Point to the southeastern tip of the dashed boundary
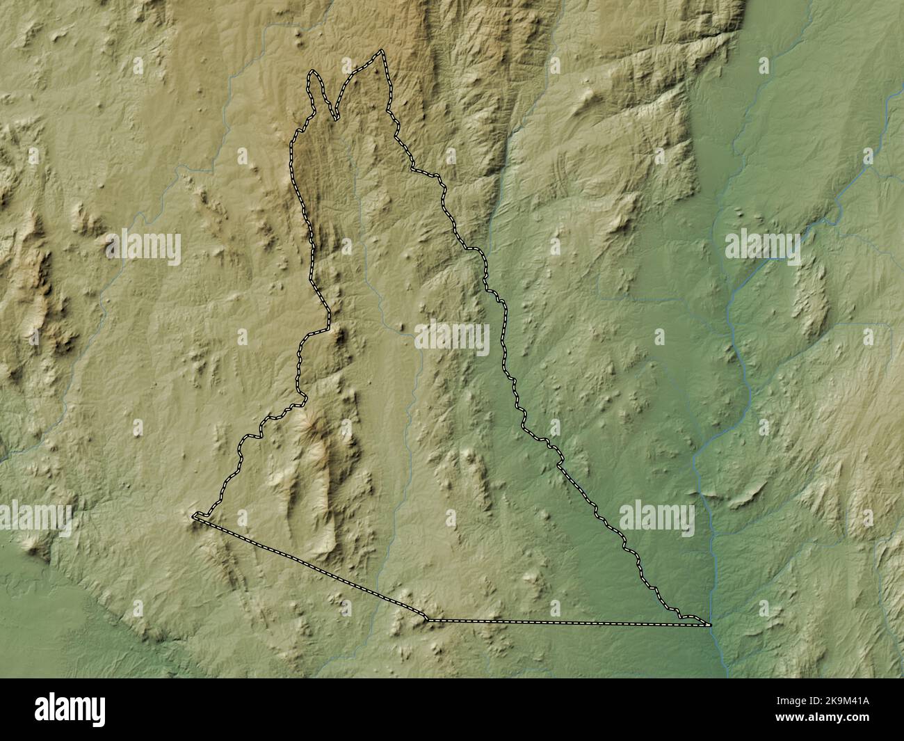tap(710, 625)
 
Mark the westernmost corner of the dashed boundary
tap(193, 516)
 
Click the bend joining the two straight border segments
tap(427, 619)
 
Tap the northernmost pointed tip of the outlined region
tap(382, 51)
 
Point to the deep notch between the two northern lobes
tap(337, 119)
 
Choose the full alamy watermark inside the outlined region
tap(453, 337)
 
